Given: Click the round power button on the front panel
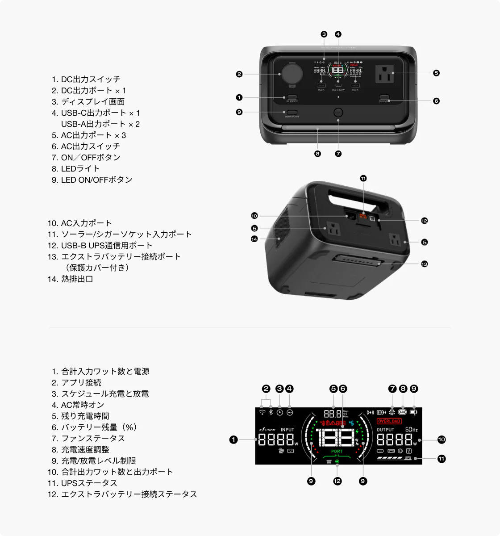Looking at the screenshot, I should pos(338,112).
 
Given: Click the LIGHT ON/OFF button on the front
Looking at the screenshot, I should pos(292,113).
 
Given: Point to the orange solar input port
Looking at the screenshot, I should pos(363,218).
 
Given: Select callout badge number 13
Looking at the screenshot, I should pos(424,264).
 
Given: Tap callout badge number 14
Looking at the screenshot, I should pos(254,239).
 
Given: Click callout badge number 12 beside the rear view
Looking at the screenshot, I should pos(424,220).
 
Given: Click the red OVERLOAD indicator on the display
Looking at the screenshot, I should pos(389,421).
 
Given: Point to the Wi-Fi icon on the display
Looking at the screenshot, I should pos(262,412).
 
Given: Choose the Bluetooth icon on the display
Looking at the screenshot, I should pos(271,412).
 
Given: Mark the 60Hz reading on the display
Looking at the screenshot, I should pos(411,430).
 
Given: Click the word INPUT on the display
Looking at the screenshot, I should pos(287,430).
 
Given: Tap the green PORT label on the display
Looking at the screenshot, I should pos(337,452).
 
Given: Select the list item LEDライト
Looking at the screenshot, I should pos(80,168).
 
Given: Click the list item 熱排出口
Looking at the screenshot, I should pos(77,279).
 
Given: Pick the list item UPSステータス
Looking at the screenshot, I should pos(89,483).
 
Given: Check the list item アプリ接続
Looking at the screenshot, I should pos(81,382).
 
